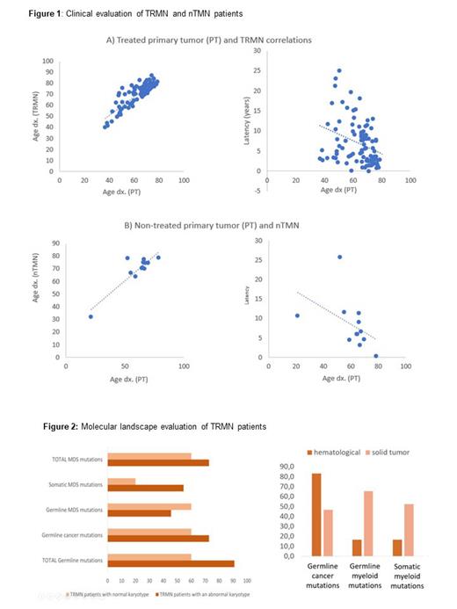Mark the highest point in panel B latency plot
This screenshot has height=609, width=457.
point(339,257)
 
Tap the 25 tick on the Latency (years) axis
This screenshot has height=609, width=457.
point(256,71)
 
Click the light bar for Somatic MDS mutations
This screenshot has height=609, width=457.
point(120,482)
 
